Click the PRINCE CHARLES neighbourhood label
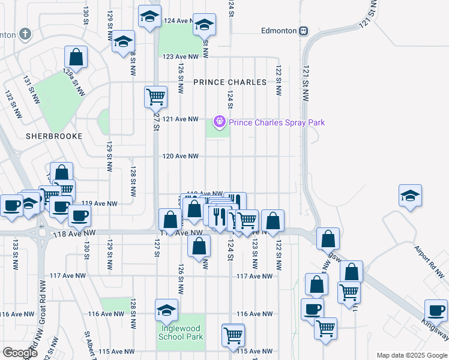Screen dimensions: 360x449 (x=230, y=82)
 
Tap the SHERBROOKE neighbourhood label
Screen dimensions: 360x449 (x=53, y=136)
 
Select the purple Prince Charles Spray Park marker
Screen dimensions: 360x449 (x=220, y=122)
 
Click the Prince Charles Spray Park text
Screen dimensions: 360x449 (x=277, y=122)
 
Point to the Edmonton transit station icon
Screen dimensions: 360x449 (x=304, y=31)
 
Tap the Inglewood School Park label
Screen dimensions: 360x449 (x=181, y=332)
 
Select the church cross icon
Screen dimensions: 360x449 (x=25, y=34)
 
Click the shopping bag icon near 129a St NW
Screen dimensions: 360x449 (x=76, y=58)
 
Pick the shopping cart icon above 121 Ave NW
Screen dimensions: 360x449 (x=155, y=96)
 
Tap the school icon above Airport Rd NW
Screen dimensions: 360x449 (x=411, y=196)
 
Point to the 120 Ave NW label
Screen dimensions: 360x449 (x=181, y=156)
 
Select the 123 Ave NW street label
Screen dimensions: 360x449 (x=181, y=56)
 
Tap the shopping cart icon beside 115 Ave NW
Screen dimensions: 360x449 (x=233, y=335)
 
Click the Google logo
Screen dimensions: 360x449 (x=20, y=353)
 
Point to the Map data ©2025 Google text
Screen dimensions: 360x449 (x=411, y=355)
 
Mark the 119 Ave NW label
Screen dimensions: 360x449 (x=98, y=203)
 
